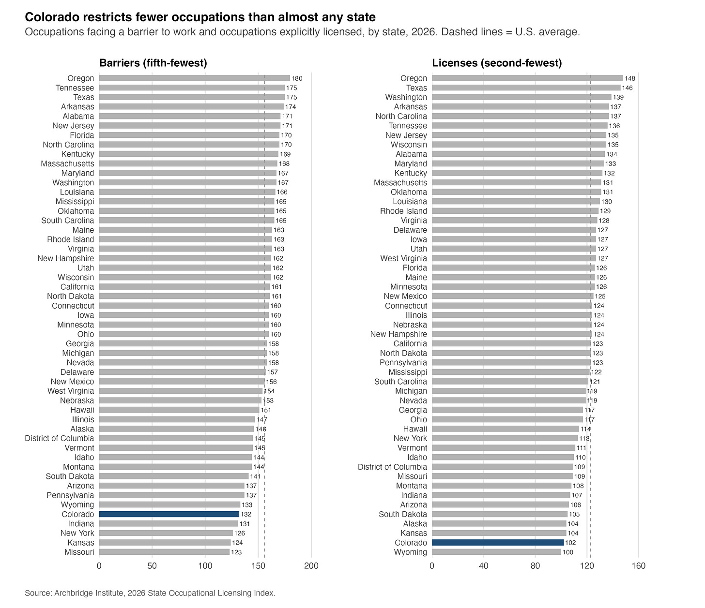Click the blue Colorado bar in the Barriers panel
pos(169,514)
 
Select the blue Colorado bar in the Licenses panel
pos(498,543)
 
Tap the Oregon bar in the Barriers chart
pos(195,78)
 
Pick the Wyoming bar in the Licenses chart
pos(496,552)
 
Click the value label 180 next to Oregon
pos(297,78)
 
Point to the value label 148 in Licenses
pos(629,78)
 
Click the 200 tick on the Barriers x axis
pos(311,566)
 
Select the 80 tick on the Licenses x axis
pos(535,566)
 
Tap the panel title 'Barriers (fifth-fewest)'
pos(153,63)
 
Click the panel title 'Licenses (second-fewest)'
pos(497,63)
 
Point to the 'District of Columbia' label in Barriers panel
pos(60,438)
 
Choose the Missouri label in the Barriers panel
pos(79,552)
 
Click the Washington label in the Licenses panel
pos(406,98)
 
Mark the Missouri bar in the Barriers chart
pos(165,552)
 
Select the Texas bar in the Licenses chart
pos(526,88)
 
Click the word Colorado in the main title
pos(54,17)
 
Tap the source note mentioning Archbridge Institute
pos(150,593)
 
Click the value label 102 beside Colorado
pos(570,543)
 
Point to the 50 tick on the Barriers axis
pos(152,566)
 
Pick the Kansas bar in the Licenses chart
pos(499,533)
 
